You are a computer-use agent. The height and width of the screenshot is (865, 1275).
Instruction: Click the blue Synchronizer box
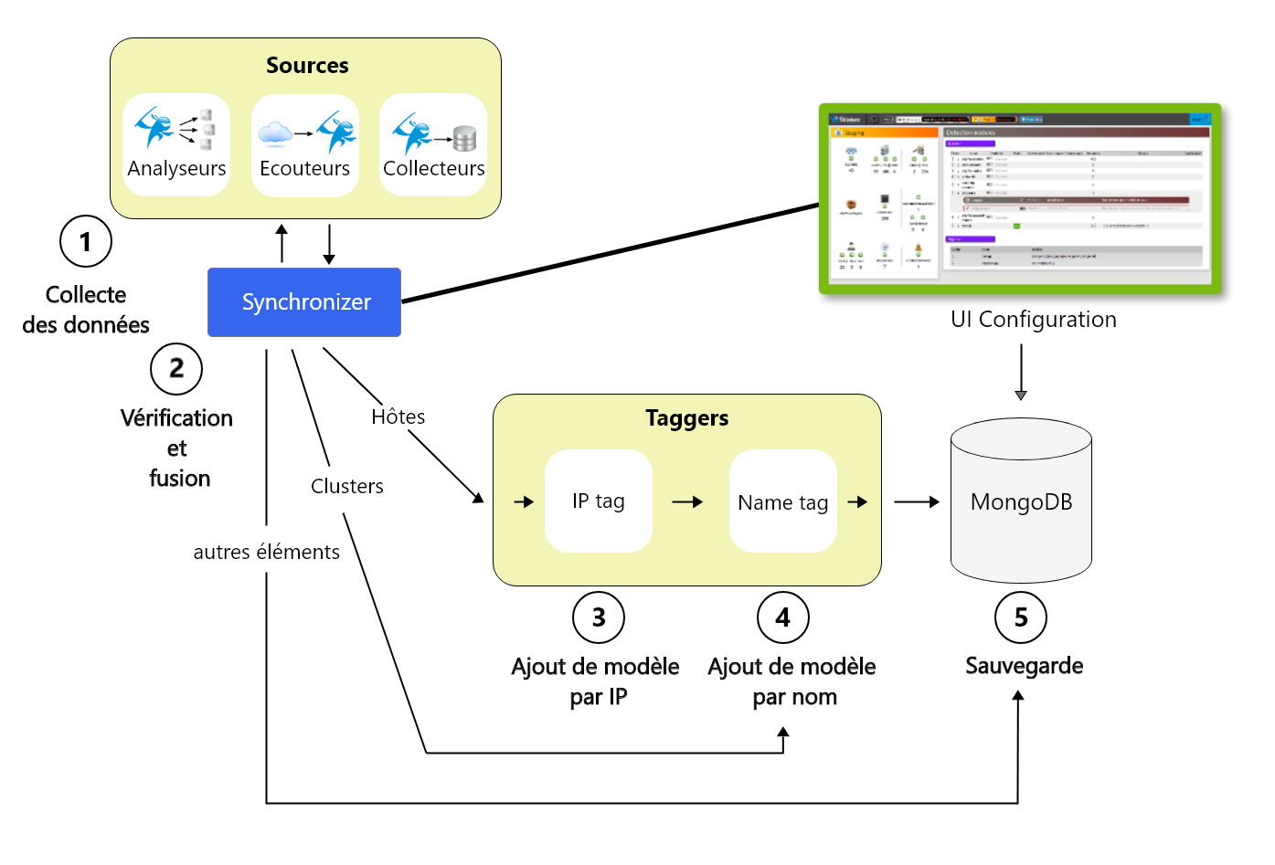[x=304, y=302]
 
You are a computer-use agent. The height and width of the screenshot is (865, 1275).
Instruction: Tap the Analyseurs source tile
[x=176, y=144]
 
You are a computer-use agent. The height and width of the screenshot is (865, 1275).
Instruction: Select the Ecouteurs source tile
[x=304, y=145]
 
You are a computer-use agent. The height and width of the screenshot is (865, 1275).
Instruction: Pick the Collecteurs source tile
[x=433, y=144]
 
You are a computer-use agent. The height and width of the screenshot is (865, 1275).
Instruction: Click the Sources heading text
[x=307, y=66]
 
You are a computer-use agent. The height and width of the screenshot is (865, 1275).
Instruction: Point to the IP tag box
[x=599, y=501]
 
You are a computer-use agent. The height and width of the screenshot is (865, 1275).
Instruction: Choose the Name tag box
[x=782, y=501]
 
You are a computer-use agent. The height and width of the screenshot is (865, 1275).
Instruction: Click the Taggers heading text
[x=686, y=418]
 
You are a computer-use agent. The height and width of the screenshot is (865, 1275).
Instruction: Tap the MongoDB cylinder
[x=1021, y=501]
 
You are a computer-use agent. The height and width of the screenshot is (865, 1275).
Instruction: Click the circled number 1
[x=86, y=241]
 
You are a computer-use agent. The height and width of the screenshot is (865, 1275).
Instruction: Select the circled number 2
[x=176, y=368]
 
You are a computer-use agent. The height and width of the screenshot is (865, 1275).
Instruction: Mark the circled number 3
[x=599, y=617]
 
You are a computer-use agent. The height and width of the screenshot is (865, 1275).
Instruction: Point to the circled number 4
[x=783, y=617]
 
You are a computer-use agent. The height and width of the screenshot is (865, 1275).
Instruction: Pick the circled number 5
[x=1021, y=617]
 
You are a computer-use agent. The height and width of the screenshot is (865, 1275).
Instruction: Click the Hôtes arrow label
[x=398, y=417]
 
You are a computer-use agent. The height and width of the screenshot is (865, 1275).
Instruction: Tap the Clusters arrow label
[x=346, y=486]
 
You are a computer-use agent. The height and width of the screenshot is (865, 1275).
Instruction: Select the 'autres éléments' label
[x=266, y=552]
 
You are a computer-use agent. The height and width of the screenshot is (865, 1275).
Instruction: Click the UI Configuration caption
[x=1033, y=320]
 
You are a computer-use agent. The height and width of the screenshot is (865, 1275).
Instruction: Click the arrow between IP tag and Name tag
[x=687, y=501]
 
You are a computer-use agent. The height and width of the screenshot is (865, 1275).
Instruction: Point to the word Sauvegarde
[x=1024, y=666]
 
